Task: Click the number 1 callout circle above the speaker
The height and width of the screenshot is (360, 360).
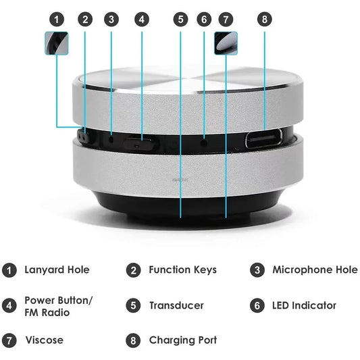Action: tap(57, 20)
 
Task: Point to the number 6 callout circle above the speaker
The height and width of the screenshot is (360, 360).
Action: tap(205, 20)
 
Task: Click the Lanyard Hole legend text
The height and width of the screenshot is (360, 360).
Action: tap(57, 270)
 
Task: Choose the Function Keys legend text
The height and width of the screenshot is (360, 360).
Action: tap(182, 270)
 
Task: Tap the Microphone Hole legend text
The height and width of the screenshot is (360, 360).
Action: tap(315, 270)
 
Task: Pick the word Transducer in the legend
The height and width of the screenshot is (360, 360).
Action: tap(176, 306)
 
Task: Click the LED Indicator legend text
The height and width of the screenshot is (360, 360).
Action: tap(304, 306)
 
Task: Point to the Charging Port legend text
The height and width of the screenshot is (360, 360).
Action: tap(182, 340)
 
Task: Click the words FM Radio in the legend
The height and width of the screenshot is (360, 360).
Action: tap(47, 312)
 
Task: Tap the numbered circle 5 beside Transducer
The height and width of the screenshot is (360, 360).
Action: tap(133, 306)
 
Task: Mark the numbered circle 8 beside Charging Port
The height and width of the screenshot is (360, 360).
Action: tap(133, 340)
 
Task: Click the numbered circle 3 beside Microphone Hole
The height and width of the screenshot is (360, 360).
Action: tap(257, 270)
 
